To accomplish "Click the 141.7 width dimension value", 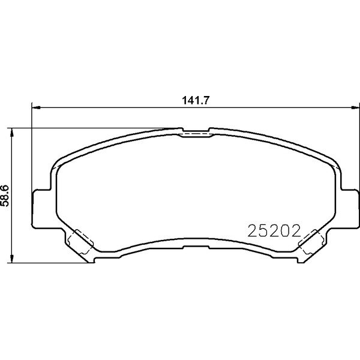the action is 196,100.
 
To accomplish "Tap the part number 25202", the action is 274,231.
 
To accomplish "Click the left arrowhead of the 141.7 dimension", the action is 36,107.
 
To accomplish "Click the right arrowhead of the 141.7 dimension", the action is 355,107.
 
